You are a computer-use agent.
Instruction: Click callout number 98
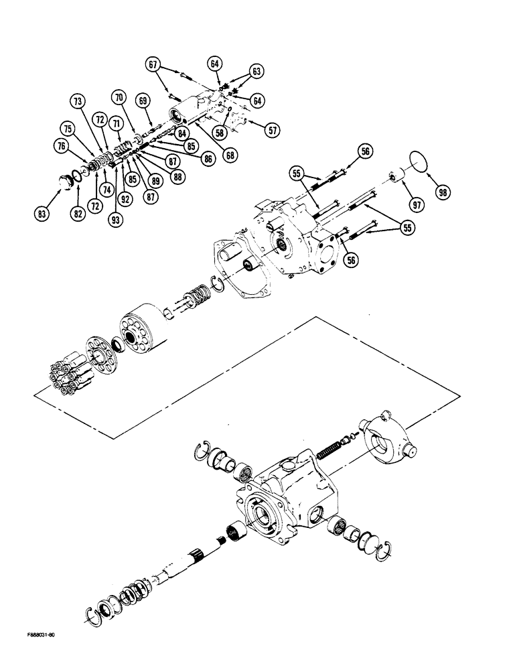click(x=441, y=192)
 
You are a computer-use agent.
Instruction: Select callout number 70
click(x=119, y=98)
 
